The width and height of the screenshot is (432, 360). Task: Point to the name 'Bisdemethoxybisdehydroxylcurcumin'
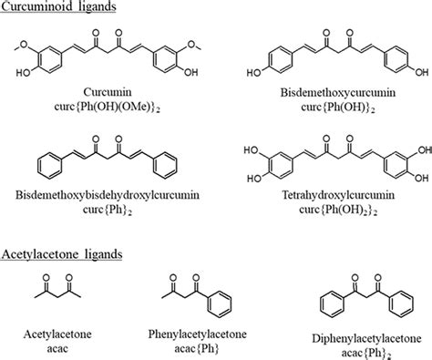coord(101,195)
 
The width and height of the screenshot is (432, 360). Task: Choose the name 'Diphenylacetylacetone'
coord(351,332)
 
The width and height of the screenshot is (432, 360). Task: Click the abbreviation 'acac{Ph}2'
coord(351,347)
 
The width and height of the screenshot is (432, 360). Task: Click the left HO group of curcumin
coord(18,77)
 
